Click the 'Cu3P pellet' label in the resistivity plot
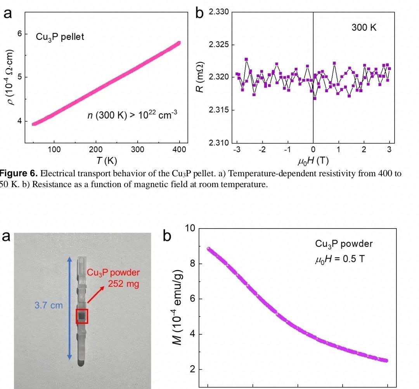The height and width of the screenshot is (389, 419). (60, 37)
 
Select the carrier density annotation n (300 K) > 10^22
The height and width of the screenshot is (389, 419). (132, 115)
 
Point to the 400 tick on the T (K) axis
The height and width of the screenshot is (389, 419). (179, 150)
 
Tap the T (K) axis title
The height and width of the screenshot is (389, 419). (107, 161)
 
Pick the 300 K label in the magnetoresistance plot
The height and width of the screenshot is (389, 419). (364, 28)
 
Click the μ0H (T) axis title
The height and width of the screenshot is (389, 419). (313, 160)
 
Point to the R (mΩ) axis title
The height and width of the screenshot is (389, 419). (200, 77)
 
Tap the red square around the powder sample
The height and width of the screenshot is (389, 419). (82, 316)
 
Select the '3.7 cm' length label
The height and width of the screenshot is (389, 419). (48, 305)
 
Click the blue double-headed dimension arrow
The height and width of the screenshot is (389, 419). (69, 308)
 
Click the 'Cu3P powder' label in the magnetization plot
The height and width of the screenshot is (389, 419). (344, 244)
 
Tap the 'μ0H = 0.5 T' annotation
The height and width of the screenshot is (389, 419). (339, 259)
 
